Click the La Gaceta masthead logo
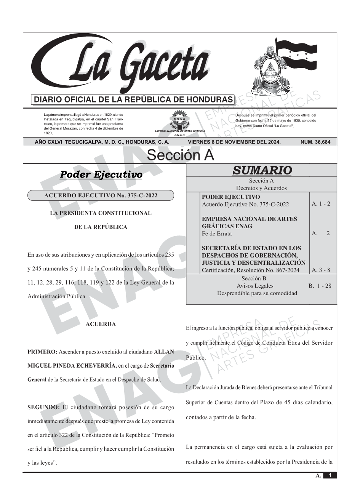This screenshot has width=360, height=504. point(126,65)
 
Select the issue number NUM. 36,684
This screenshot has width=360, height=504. point(315,142)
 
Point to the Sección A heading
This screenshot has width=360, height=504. point(180,155)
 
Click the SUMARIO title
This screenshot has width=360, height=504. point(262,170)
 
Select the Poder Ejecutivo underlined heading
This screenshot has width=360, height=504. point(101,175)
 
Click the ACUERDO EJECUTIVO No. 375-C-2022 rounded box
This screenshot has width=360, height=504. point(101,196)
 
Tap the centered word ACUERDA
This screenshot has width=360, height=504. point(101,324)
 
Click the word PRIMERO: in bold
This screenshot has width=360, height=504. point(42,352)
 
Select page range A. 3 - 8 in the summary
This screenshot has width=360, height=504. point(321,270)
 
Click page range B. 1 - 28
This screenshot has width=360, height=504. point(320,286)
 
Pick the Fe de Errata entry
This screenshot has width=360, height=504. point(214,234)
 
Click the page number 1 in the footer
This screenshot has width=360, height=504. point(330,475)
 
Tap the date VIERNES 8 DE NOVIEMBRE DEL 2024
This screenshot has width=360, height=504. point(234,142)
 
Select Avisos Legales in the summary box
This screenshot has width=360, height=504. point(255,286)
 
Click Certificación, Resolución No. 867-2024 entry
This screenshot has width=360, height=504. point(250,270)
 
